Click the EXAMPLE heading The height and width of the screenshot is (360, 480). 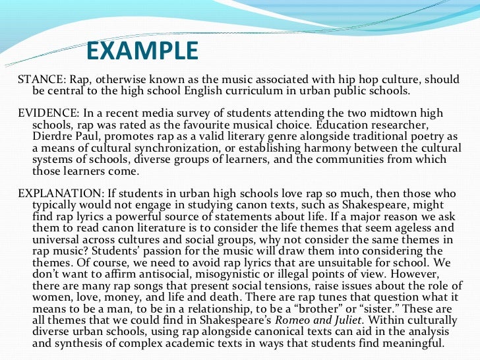pos(142,50)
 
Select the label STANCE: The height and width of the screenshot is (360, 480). pos(40,80)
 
